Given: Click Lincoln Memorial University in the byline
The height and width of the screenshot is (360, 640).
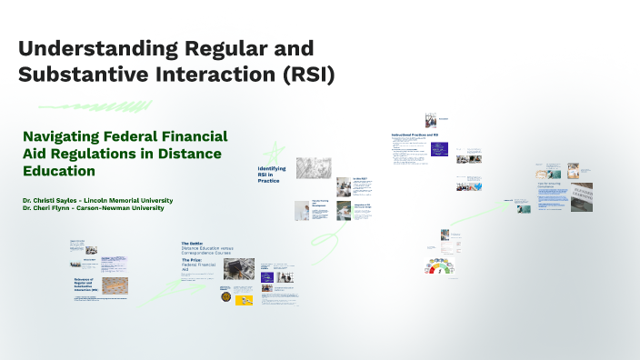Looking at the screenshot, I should [x=135, y=200].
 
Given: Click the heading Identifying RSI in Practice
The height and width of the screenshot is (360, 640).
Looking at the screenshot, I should [x=272, y=175].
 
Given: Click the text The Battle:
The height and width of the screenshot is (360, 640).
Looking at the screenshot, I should [x=192, y=244].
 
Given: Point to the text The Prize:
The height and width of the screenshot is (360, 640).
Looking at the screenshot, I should [x=191, y=259].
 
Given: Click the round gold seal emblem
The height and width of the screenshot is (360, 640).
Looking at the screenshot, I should [x=225, y=296].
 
